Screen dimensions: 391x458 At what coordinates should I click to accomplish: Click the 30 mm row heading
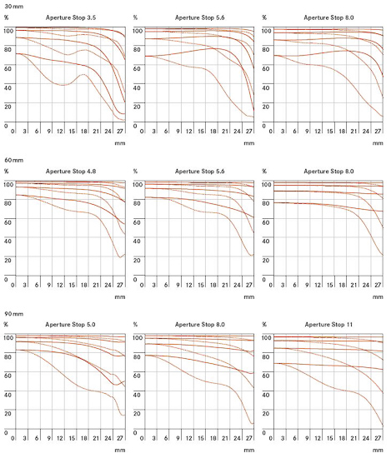(x=13, y=7)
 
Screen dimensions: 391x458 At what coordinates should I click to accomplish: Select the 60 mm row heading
(x=13, y=160)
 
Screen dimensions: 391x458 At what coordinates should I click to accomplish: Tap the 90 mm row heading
(x=13, y=314)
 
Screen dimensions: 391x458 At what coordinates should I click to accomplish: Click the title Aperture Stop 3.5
(x=71, y=17)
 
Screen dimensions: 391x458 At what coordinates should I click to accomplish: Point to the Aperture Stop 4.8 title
(x=71, y=172)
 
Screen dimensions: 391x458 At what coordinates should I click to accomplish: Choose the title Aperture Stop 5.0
(x=70, y=325)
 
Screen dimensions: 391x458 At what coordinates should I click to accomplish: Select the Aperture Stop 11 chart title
(x=328, y=325)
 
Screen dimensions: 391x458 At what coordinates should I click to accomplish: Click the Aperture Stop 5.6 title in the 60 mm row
(x=200, y=172)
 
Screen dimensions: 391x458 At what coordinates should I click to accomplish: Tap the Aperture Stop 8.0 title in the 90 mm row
(x=200, y=325)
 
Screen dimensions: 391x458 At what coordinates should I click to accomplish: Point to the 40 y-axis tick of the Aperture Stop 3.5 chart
(x=8, y=87)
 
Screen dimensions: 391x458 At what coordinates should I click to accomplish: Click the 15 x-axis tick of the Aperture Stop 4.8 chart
(x=72, y=285)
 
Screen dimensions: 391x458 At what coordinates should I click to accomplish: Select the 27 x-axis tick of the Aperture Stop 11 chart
(x=378, y=438)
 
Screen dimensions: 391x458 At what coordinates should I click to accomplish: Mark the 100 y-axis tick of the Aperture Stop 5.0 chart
(x=8, y=337)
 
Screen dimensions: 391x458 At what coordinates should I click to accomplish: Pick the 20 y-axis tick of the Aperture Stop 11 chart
(x=266, y=414)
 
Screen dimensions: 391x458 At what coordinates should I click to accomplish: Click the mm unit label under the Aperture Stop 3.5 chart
(x=120, y=143)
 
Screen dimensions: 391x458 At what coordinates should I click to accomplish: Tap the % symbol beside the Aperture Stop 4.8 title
(x=6, y=172)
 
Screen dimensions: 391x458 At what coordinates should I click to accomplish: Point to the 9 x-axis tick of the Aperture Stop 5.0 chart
(x=49, y=438)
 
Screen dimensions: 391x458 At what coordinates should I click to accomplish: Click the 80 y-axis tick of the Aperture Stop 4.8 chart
(x=8, y=203)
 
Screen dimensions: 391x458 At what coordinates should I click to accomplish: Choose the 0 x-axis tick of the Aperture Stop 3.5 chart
(x=13, y=132)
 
